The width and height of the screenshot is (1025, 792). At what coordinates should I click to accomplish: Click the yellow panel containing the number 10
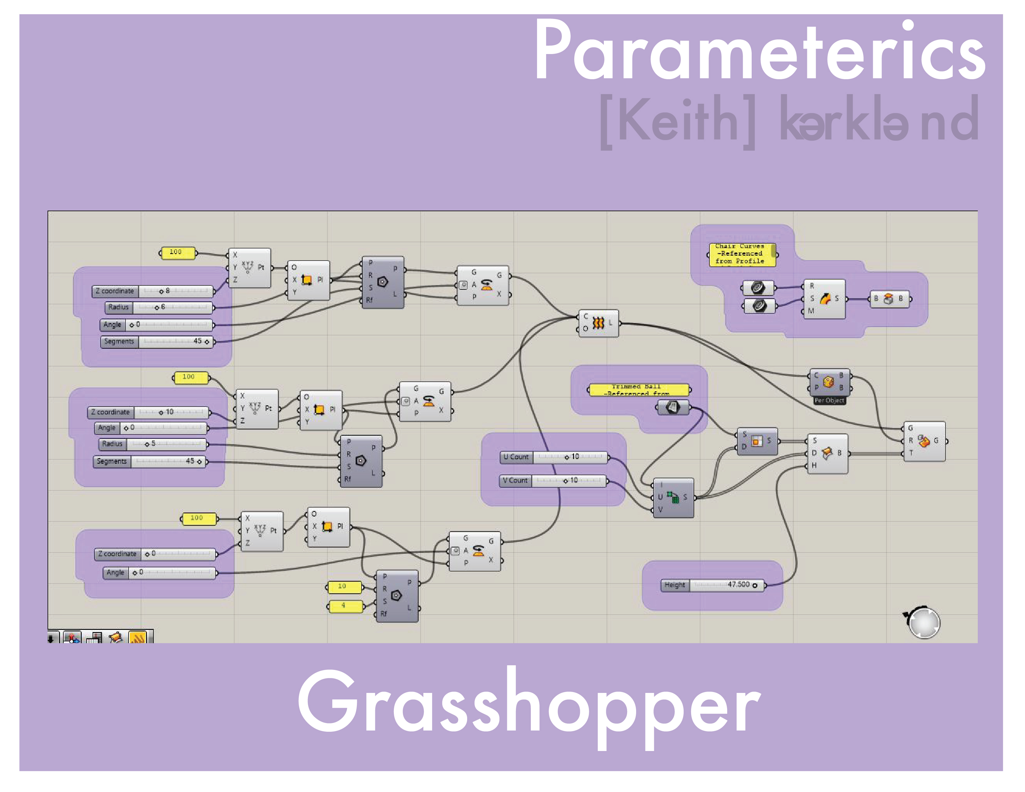tap(344, 586)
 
